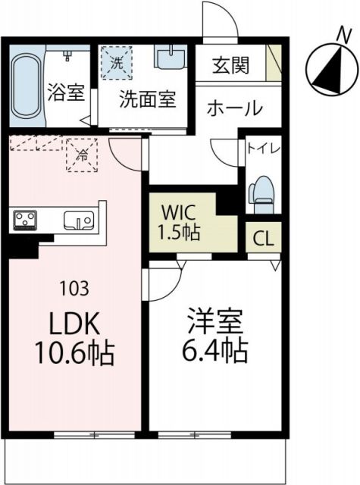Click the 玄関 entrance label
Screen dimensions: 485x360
[x=230, y=65]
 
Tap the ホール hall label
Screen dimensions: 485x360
[x=235, y=108]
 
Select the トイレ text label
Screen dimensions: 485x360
[x=260, y=149]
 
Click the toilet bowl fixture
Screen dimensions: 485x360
[x=263, y=193]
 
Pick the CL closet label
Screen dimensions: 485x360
[x=263, y=239]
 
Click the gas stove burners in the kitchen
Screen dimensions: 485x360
[x=25, y=220]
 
